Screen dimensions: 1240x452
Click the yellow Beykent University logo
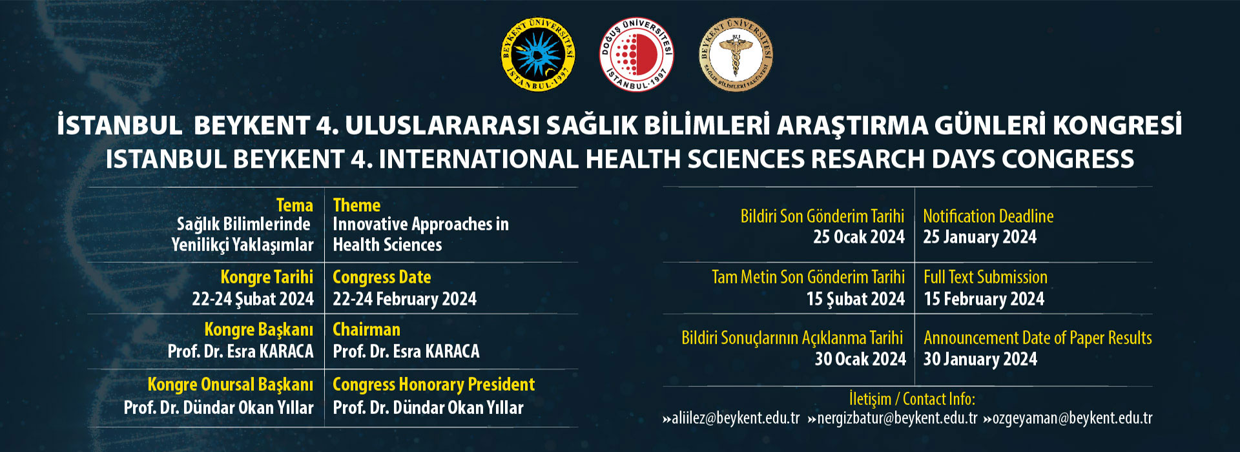click(x=538, y=54)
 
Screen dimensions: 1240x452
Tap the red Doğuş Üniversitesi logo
click(x=637, y=54)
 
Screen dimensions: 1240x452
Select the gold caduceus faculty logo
click(x=736, y=54)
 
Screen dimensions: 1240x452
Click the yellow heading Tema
click(x=294, y=205)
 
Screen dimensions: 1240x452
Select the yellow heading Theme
click(x=356, y=205)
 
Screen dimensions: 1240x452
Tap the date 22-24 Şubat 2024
click(x=253, y=299)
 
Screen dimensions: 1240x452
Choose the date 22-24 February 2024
click(x=404, y=299)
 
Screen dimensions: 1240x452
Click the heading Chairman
click(x=366, y=329)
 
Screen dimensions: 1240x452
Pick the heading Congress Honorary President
click(x=433, y=385)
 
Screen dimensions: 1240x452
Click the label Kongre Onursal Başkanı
click(x=230, y=385)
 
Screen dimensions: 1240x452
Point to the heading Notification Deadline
click(x=988, y=216)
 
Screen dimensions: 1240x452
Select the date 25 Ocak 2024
click(x=859, y=237)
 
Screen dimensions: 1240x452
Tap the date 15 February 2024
click(x=984, y=299)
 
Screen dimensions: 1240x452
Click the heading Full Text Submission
click(x=986, y=277)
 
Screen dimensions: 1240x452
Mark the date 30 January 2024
click(x=980, y=359)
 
